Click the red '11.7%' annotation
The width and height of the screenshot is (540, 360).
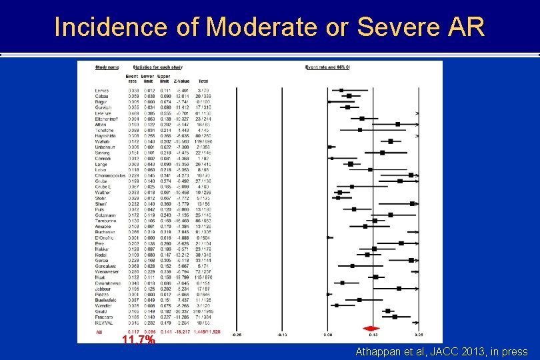pyautogui.click(x=139, y=340)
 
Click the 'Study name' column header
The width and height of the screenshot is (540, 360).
pyautogui.click(x=107, y=67)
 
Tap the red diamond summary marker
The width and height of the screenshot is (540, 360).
pyautogui.click(x=371, y=328)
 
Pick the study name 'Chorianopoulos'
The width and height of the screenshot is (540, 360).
pyautogui.click(x=108, y=175)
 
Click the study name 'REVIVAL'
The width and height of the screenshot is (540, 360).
pyautogui.click(x=104, y=323)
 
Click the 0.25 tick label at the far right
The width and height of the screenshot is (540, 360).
pyautogui.click(x=419, y=335)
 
